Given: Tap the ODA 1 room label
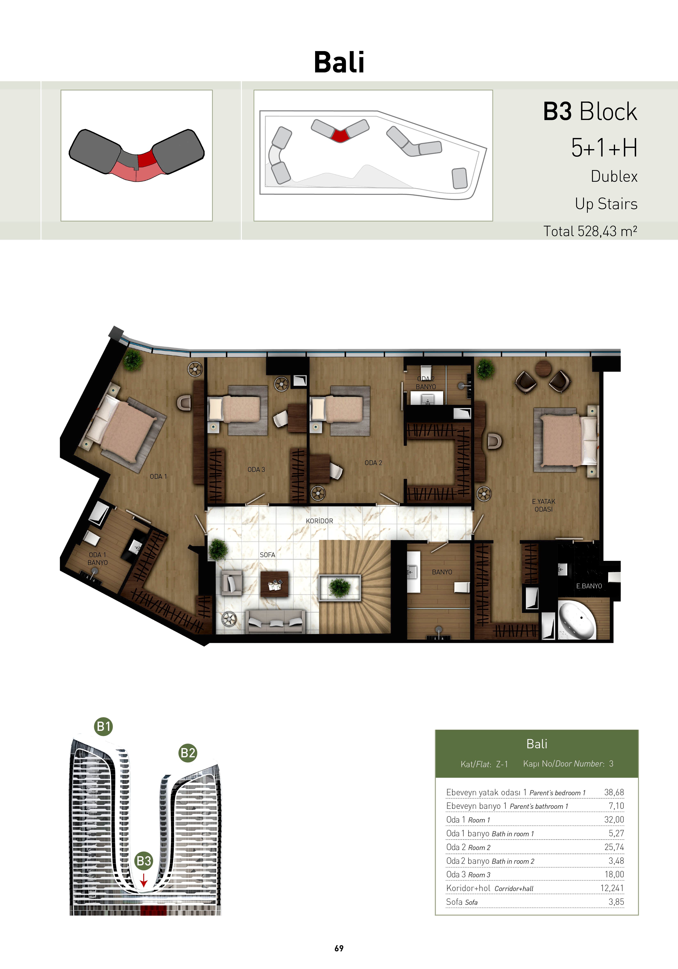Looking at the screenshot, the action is click(158, 477).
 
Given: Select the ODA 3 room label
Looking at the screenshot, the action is click(256, 469).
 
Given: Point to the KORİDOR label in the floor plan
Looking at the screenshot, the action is click(319, 521).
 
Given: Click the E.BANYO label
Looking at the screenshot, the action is click(589, 586).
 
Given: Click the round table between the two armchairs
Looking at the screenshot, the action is click(543, 368).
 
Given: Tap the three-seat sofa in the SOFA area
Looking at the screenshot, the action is click(276, 621).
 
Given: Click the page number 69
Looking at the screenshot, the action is click(339, 948).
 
